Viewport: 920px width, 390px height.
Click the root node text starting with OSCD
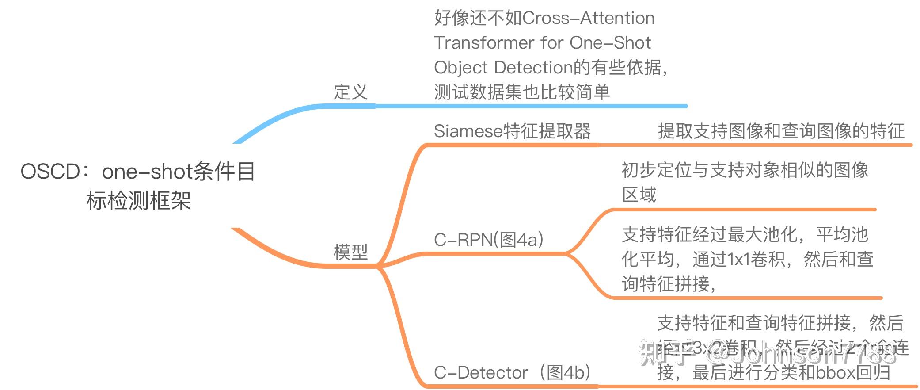[138, 172]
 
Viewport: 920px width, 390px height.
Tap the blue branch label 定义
[350, 92]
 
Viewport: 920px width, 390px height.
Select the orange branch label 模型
[350, 252]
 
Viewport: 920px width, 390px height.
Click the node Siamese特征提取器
[512, 131]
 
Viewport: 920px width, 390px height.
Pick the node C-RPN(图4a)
[489, 240]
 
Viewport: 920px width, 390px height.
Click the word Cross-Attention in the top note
[588, 19]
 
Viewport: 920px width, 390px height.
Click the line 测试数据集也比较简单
[522, 92]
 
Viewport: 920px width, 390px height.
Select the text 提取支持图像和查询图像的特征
[781, 131]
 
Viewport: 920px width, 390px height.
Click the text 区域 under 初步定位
[639, 195]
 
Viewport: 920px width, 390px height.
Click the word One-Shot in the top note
[610, 43]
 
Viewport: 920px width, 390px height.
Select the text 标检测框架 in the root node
[138, 201]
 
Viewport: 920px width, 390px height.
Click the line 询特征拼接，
[669, 284]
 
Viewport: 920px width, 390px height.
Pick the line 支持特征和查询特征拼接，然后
[780, 323]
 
